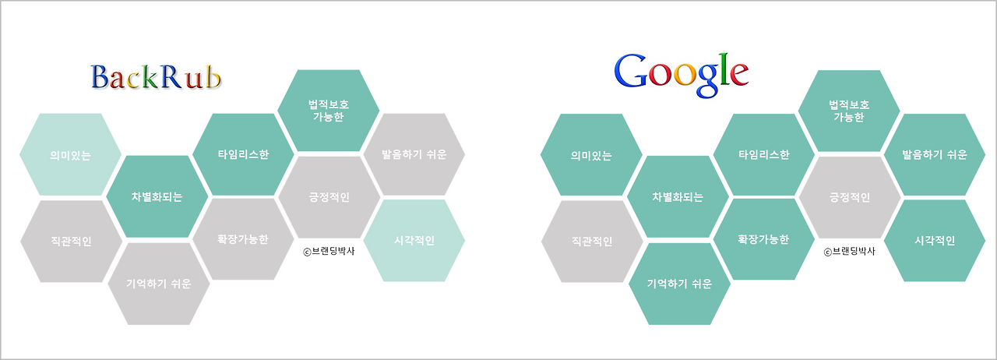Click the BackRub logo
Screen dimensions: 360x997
coord(157,77)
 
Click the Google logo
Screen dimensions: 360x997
coord(681,72)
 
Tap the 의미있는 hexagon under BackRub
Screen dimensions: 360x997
coord(70,155)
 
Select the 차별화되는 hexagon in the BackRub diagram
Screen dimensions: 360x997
coord(157,196)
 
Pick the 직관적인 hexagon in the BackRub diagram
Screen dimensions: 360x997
coord(70,241)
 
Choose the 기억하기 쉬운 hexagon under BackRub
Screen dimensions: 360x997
coord(157,283)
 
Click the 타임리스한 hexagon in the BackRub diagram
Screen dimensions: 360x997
coord(243,154)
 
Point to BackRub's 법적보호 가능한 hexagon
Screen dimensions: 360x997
coord(329,111)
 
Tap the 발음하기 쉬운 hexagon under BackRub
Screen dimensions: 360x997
coord(414,154)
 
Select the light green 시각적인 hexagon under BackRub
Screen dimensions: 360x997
coord(414,240)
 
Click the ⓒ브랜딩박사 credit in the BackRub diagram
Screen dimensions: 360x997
coord(328,251)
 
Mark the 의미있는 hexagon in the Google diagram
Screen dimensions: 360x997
coord(590,155)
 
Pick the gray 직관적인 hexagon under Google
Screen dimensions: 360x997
coord(590,241)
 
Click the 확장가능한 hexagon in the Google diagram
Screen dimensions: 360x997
coord(763,239)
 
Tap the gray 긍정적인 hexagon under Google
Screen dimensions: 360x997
coord(849,197)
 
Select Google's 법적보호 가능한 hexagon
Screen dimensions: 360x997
coord(849,111)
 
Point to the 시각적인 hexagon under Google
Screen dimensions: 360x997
coord(934,240)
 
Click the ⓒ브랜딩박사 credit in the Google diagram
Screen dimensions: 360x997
coord(849,251)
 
